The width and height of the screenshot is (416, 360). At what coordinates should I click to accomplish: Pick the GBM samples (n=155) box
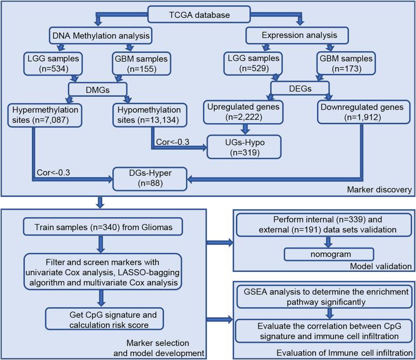coord(141,63)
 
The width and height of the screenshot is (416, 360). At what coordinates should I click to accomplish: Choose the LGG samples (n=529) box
coord(253,63)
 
